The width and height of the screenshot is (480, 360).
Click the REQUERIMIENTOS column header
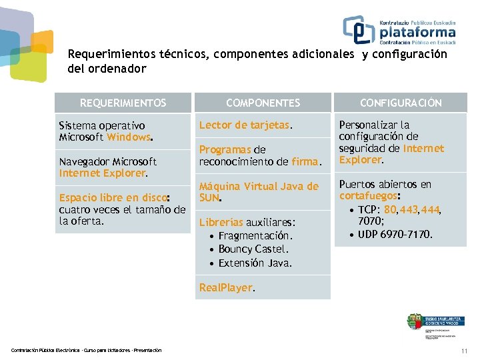tap(123, 103)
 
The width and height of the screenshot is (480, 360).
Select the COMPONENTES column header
tap(263, 103)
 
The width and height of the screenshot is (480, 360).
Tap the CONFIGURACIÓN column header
tap(401, 103)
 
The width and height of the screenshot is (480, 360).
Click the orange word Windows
tap(129, 137)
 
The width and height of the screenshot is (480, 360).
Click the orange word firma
tap(305, 161)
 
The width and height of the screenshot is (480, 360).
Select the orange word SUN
tap(209, 198)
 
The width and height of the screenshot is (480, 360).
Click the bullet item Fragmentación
tap(255, 236)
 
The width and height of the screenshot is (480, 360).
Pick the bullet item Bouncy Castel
tap(253, 249)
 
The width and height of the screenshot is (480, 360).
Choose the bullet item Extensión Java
tap(255, 263)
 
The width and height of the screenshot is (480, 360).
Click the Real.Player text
tap(227, 288)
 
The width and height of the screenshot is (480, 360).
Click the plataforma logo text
tap(418, 33)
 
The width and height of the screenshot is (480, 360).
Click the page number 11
tap(464, 351)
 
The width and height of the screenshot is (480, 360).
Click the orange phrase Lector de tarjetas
tap(244, 125)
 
